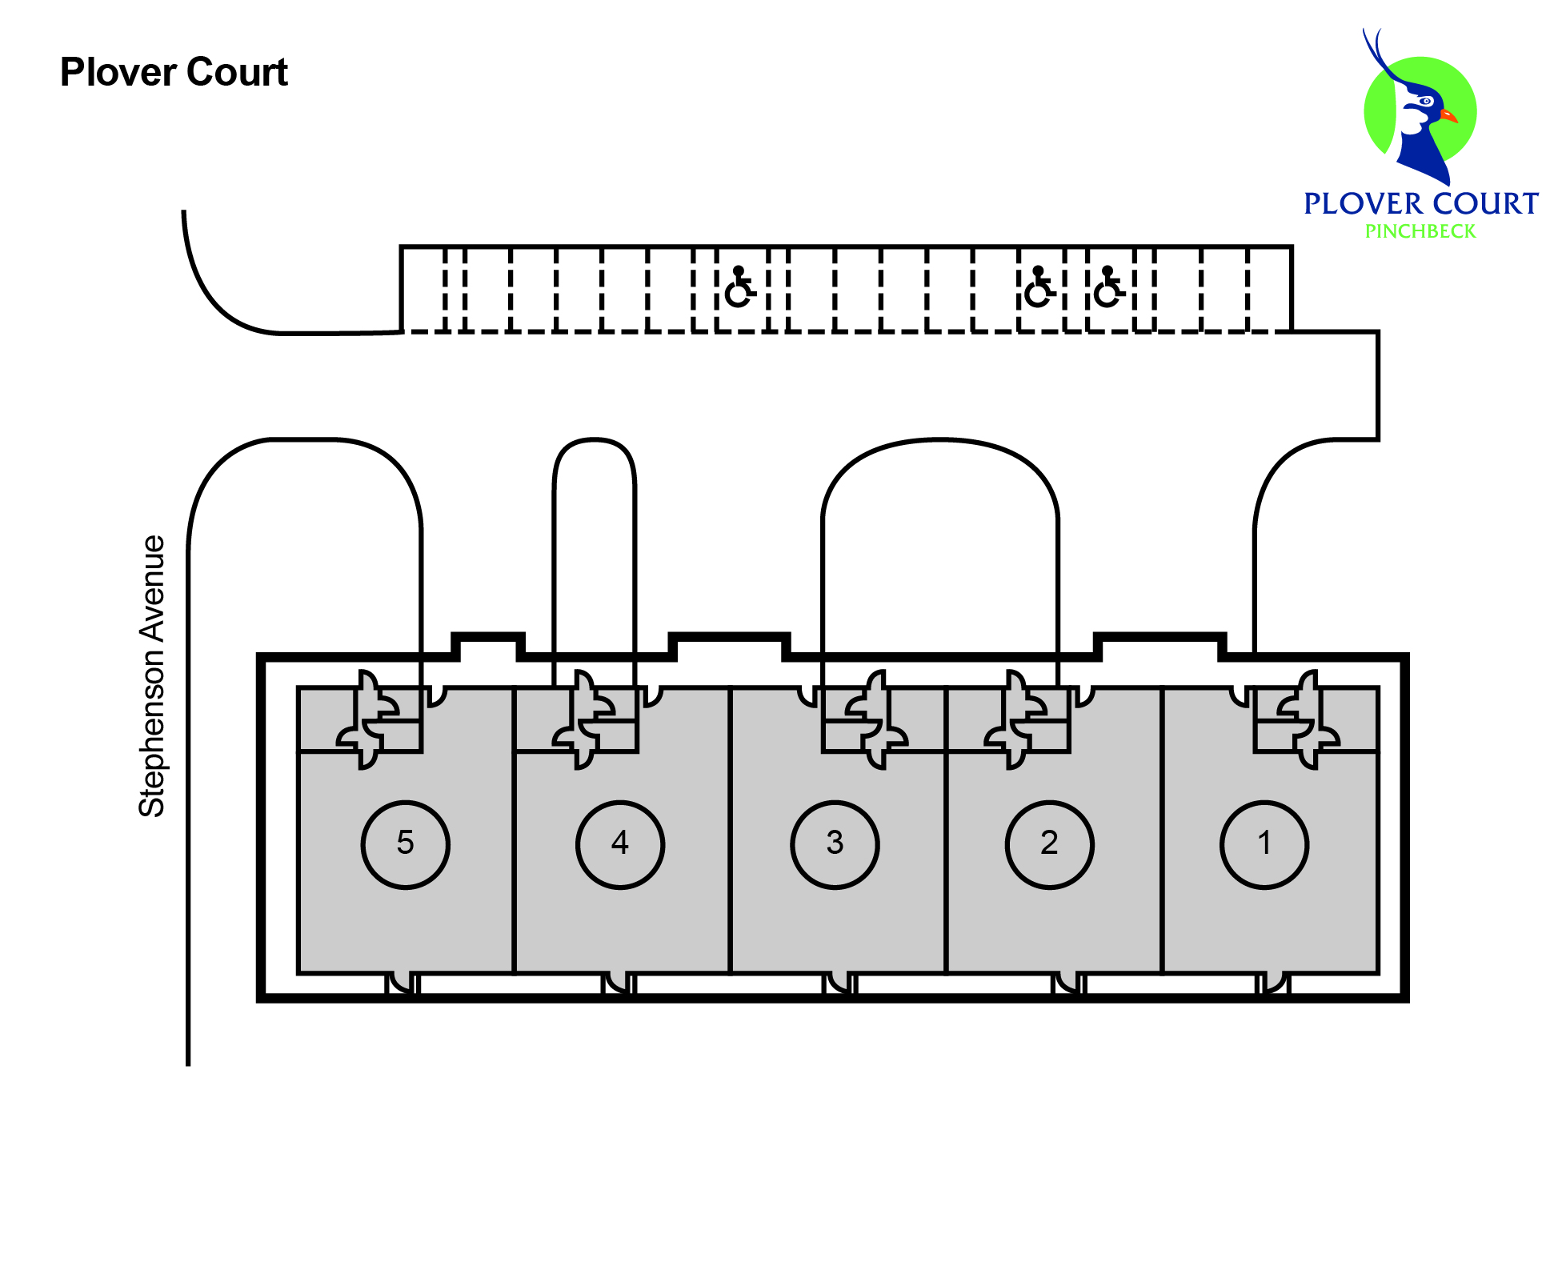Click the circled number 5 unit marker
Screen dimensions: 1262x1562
(x=405, y=844)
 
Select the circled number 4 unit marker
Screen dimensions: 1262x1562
(x=619, y=844)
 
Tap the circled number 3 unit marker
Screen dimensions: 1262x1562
(x=835, y=844)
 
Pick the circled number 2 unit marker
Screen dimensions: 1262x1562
(x=1049, y=844)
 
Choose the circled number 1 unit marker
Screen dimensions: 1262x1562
(x=1264, y=844)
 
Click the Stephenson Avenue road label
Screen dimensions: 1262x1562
(x=152, y=676)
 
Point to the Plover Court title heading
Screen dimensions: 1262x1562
(x=174, y=73)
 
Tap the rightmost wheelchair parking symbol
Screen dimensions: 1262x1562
(x=1108, y=288)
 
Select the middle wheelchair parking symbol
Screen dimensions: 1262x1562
(x=1039, y=288)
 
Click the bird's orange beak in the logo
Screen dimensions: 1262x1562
(x=1448, y=117)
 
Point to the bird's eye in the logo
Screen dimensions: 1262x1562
(x=1425, y=102)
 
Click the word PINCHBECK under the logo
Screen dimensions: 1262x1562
(x=1420, y=231)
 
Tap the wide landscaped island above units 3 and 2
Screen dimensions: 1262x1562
(x=940, y=544)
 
